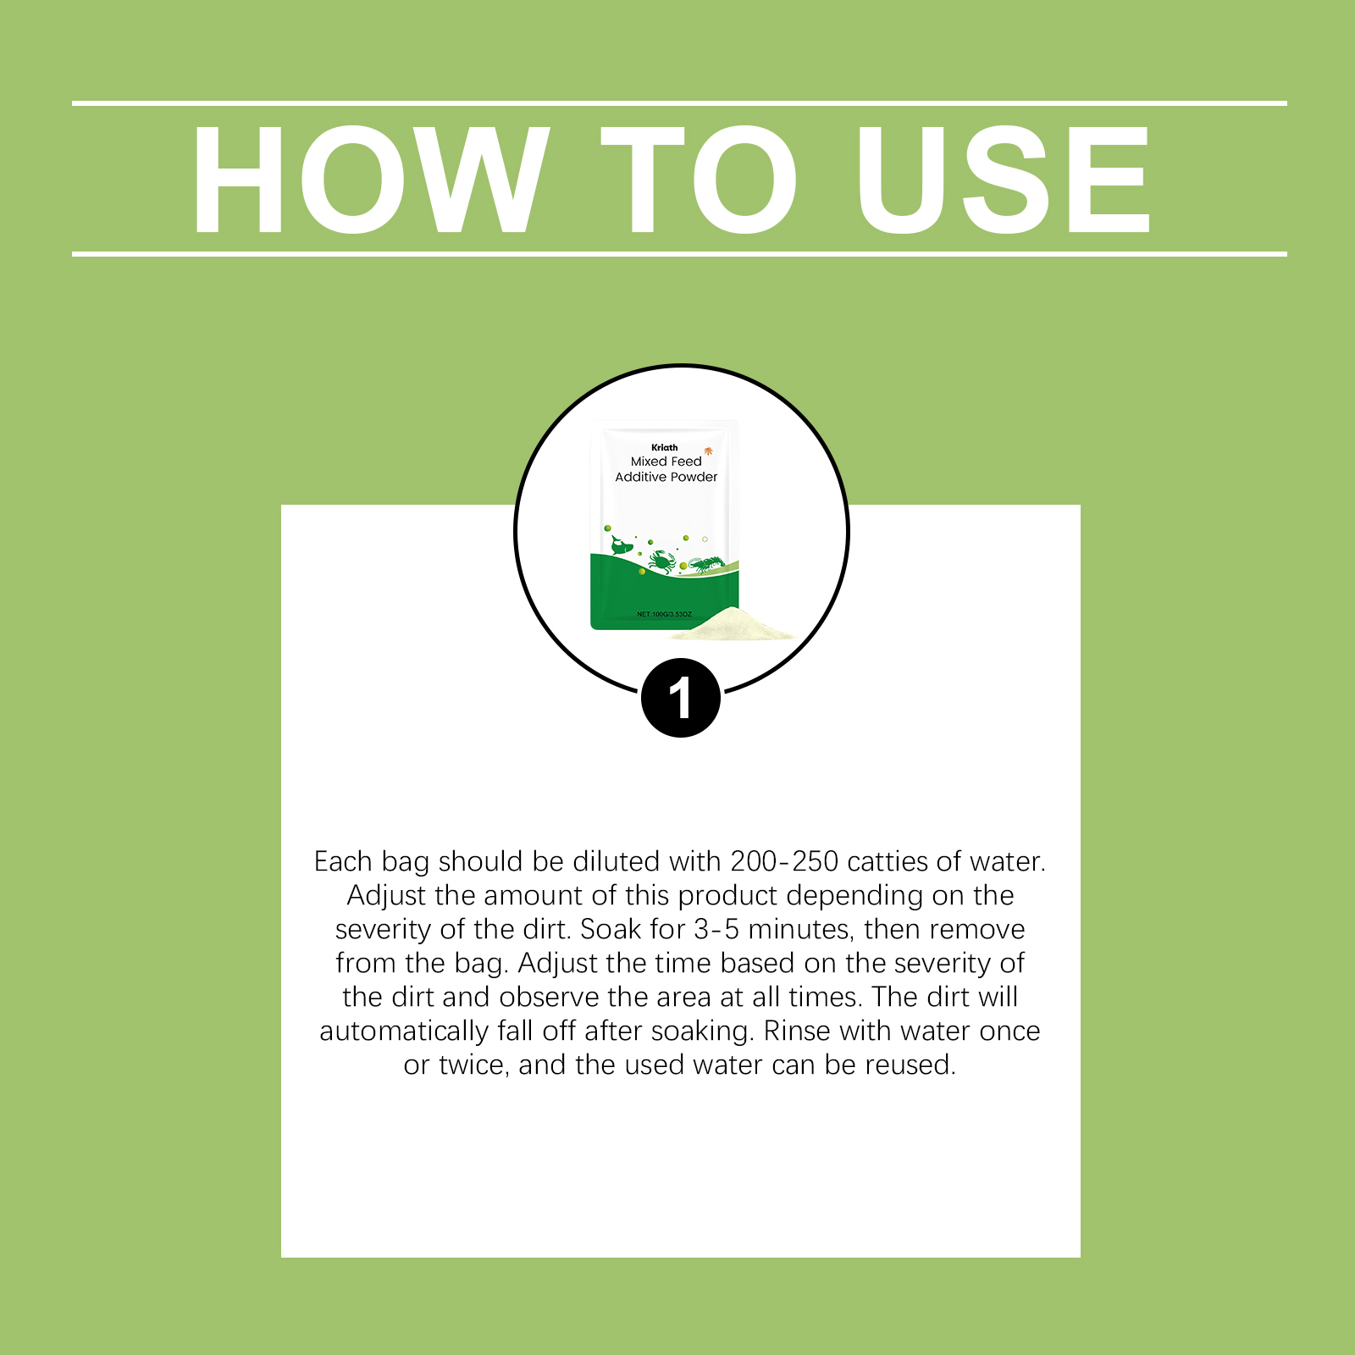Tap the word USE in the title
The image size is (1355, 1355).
tap(1004, 180)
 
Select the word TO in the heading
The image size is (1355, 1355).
tap(700, 180)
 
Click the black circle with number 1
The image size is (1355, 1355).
tap(681, 698)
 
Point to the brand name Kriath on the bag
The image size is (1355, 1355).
tap(665, 447)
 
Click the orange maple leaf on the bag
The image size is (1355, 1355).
tap(708, 451)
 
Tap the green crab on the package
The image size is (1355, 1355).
tap(661, 561)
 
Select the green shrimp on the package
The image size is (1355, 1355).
tap(705, 564)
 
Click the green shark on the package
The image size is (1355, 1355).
tap(622, 546)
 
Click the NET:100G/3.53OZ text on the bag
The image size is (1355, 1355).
tap(665, 614)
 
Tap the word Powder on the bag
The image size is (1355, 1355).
tap(695, 477)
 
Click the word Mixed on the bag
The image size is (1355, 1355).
tap(650, 462)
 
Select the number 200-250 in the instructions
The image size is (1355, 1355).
tap(784, 861)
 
